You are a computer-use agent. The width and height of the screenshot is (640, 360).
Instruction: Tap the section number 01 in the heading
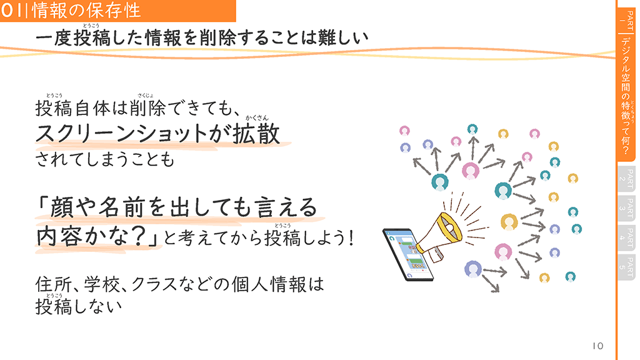tap(14, 10)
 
